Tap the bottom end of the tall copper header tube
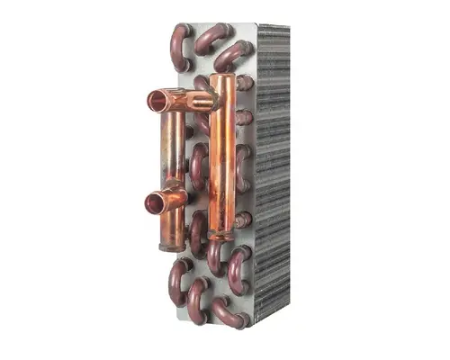219,236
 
